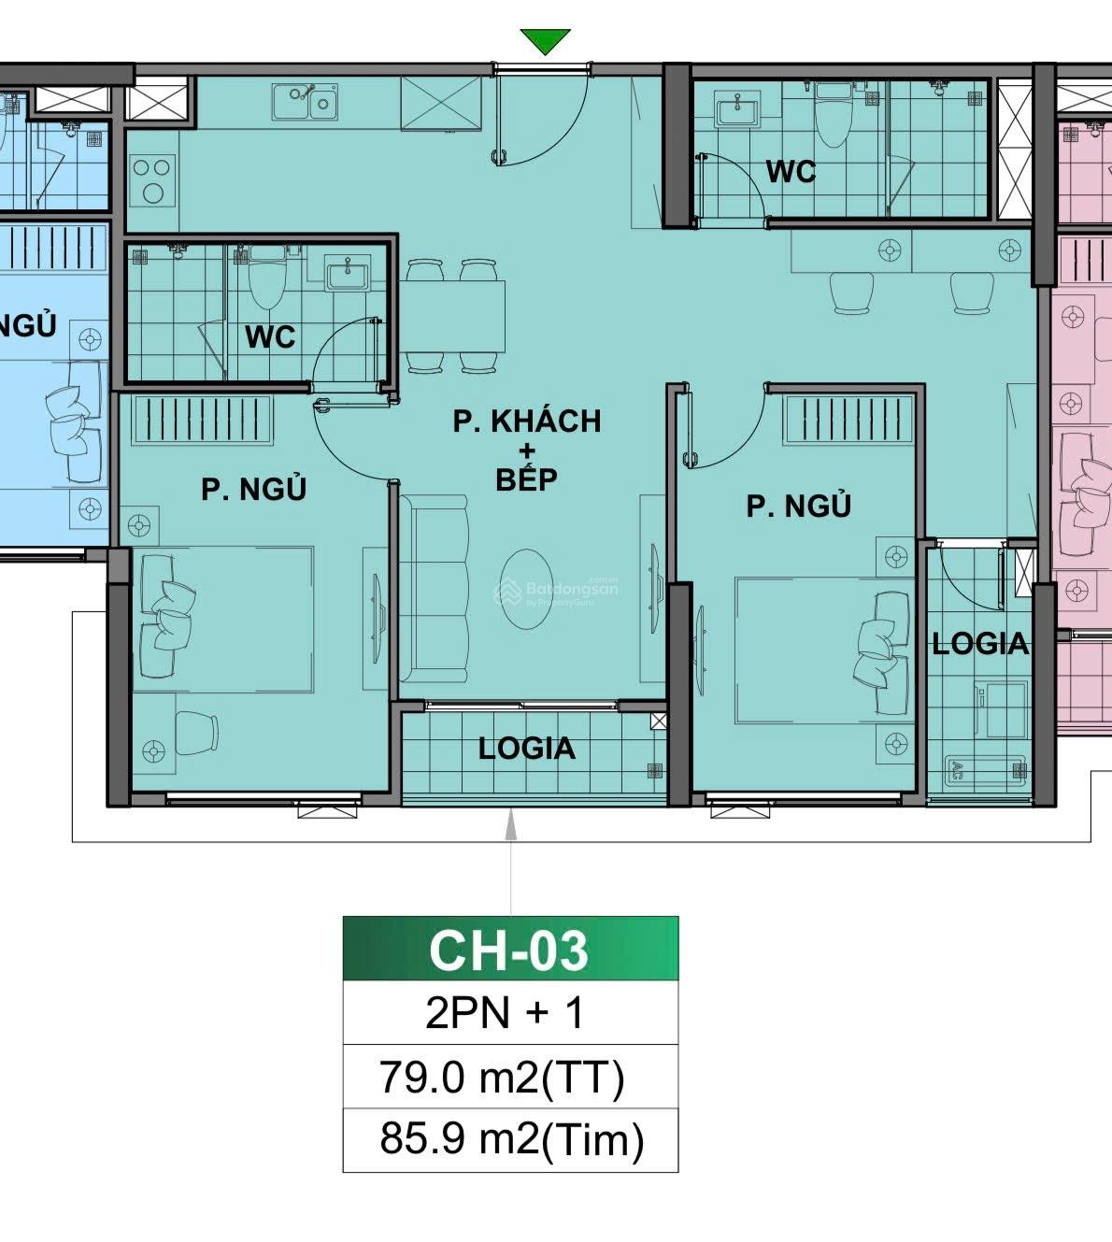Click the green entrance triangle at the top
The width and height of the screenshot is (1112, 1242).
point(545,41)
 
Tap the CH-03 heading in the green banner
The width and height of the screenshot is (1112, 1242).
point(509,949)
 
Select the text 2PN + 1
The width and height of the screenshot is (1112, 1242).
point(506,1013)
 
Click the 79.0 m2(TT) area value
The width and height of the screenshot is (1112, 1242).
point(502,1078)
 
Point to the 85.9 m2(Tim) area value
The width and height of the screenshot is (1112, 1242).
point(511,1140)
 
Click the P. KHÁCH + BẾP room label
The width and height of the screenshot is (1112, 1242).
point(527,450)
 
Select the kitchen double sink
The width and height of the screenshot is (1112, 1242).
point(305,101)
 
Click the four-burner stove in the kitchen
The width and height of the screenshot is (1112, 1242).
point(151,180)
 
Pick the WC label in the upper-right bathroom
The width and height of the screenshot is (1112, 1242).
point(791,172)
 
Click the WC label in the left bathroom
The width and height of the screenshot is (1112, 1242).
point(270,336)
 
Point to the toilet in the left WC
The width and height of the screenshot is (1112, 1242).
point(267,278)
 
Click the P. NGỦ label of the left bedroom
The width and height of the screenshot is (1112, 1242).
point(253,489)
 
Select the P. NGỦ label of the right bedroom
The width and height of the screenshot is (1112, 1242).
point(798,506)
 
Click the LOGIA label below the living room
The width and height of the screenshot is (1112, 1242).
point(526,749)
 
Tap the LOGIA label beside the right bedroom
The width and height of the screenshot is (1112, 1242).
point(979,643)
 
